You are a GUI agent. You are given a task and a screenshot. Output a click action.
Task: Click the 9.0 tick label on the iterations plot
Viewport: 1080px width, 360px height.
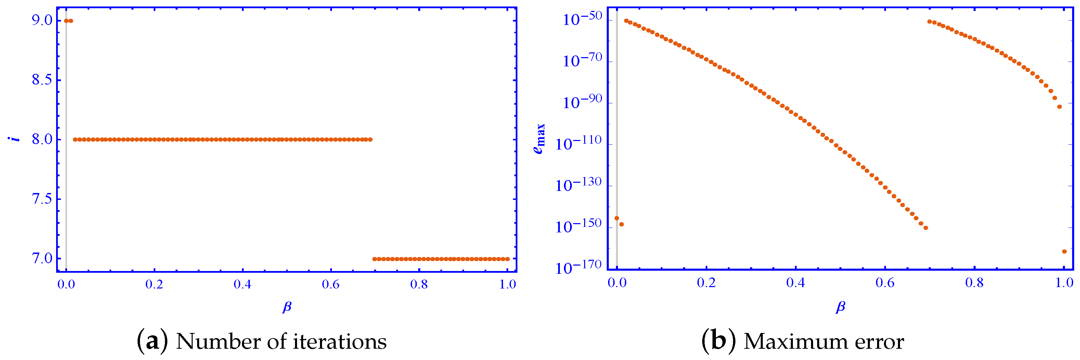pos(43,20)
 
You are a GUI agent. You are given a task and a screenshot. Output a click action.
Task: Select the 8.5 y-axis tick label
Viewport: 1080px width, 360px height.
pos(43,80)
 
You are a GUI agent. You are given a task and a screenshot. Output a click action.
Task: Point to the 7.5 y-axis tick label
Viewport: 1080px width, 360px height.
pos(43,198)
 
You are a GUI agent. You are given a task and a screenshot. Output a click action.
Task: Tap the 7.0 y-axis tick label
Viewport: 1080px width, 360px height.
pos(43,258)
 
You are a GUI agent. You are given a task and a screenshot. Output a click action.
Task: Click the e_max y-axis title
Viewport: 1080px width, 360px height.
pos(540,139)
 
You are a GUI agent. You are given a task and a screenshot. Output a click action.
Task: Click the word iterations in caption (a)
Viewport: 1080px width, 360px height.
pos(339,342)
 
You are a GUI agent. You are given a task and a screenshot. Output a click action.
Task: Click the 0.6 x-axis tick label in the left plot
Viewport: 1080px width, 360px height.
pos(331,285)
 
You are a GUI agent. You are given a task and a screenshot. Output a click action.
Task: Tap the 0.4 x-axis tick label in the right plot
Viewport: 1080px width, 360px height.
pos(795,282)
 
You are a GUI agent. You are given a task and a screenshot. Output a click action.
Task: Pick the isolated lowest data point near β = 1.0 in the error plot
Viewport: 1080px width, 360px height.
pos(1064,252)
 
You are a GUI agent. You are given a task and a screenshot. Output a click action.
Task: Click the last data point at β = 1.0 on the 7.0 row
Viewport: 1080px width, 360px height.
pos(508,259)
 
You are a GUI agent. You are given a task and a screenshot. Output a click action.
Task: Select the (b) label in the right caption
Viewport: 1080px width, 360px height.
pos(719,341)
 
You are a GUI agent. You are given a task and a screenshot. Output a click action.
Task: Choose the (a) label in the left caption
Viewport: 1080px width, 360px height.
pos(153,341)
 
